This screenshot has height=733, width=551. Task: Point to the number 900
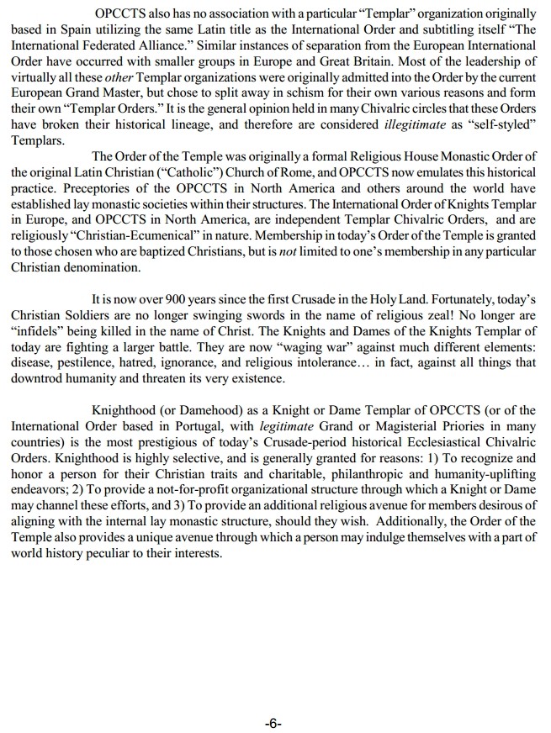pos(177,298)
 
